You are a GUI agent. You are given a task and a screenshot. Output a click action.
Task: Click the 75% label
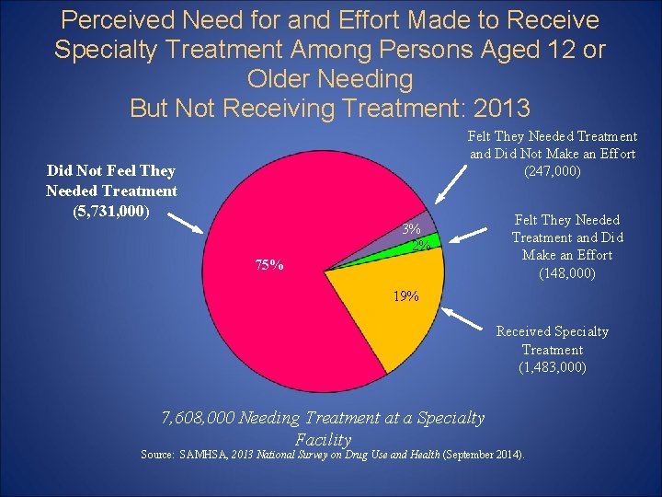269,265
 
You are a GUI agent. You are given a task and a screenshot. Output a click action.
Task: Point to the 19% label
405,295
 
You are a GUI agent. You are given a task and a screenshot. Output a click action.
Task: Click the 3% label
412,228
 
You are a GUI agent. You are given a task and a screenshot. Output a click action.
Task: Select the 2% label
422,245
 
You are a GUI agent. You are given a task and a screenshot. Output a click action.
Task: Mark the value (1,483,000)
552,367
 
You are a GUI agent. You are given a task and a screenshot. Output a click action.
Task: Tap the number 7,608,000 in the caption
197,418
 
